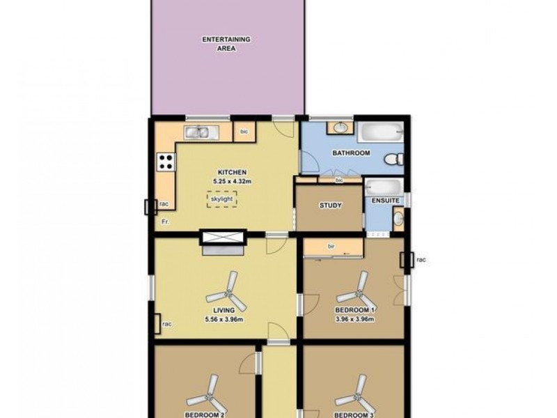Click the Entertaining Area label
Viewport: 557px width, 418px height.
pos(226,44)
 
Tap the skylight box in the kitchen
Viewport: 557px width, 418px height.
pos(221,199)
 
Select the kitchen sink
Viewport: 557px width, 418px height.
pos(201,131)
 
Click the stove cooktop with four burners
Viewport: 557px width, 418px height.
pos(166,162)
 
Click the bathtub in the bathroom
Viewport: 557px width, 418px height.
pos(380,132)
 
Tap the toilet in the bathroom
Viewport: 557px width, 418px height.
pos(395,159)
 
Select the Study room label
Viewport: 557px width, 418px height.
pos(329,206)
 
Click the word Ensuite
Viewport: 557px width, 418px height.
pos(385,201)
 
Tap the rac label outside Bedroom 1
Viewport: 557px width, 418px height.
pos(421,260)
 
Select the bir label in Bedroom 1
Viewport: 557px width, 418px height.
pos(332,246)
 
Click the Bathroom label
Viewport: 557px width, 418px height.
pos(351,153)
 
